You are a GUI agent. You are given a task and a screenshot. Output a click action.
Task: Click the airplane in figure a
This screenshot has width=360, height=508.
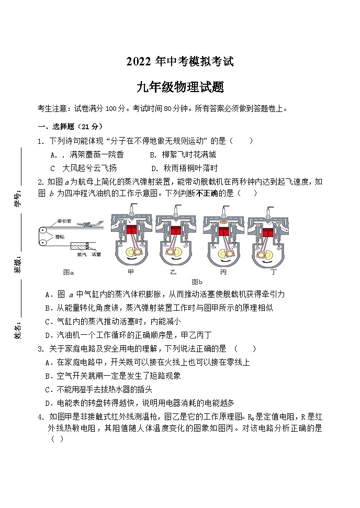click(89, 223)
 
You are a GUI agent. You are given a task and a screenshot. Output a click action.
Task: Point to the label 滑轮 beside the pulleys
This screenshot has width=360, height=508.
click(61, 237)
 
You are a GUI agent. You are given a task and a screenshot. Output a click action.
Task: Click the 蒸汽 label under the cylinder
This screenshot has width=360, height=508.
click(82, 254)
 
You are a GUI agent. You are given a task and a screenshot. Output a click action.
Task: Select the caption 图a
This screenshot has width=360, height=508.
click(69, 272)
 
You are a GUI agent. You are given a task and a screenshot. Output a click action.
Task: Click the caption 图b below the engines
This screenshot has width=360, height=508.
click(197, 281)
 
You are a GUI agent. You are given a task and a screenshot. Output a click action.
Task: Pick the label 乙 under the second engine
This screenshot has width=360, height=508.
click(174, 272)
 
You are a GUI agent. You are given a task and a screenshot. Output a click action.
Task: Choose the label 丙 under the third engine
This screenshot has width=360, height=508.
click(223, 272)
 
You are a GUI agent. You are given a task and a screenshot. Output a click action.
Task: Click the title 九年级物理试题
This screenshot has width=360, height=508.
click(180, 87)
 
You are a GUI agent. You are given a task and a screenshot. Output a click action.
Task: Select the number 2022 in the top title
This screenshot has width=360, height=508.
click(139, 62)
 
